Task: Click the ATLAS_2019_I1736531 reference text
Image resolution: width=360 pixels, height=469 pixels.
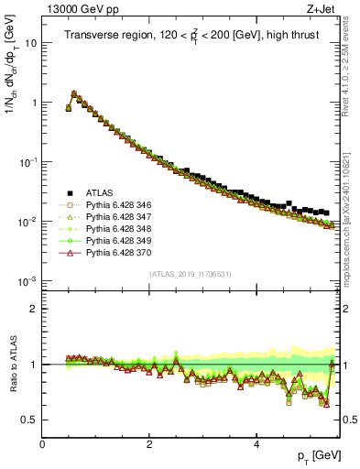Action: (x=191, y=273)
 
